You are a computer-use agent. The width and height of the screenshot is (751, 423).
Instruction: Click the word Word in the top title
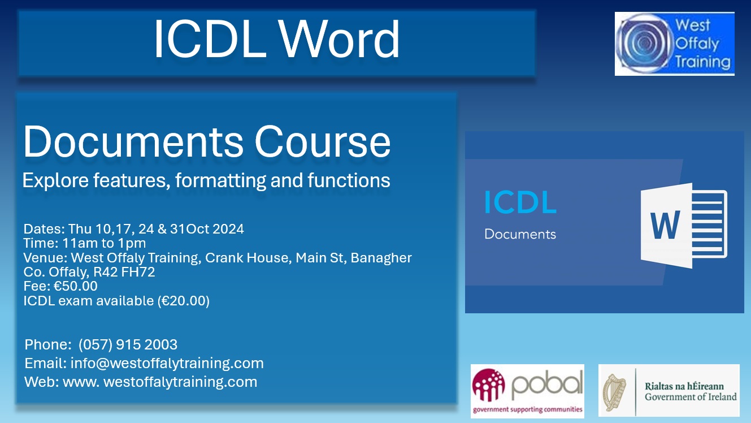click(339, 40)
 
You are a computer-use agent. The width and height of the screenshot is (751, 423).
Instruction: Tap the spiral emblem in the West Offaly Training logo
click(644, 43)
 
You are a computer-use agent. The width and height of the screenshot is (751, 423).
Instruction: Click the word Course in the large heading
click(323, 141)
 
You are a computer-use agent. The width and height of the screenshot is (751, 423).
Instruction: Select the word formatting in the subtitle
click(220, 180)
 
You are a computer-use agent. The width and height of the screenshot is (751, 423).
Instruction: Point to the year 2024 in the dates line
click(228, 229)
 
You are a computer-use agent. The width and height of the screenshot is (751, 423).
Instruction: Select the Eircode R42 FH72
click(124, 272)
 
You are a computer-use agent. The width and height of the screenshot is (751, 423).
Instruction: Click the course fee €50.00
click(75, 286)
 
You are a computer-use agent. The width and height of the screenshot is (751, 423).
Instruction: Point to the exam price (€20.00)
click(184, 301)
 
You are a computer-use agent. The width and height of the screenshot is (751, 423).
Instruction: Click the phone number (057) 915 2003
click(128, 344)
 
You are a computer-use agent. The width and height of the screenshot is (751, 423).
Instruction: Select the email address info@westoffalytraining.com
click(167, 363)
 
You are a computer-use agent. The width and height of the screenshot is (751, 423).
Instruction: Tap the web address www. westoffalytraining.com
click(160, 382)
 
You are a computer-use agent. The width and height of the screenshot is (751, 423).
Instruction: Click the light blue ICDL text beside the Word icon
click(520, 202)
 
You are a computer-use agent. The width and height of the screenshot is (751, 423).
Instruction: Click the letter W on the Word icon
click(665, 225)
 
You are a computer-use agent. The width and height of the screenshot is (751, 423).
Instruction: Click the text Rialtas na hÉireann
click(684, 386)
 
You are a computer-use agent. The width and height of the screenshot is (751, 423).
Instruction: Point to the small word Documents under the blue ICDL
click(520, 234)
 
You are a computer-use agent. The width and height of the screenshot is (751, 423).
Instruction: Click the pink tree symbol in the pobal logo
click(488, 385)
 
